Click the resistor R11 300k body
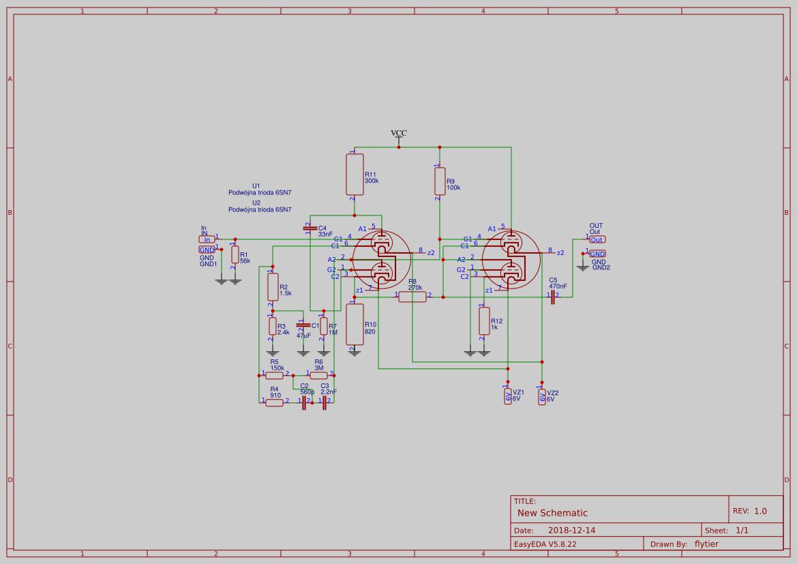click(x=355, y=175)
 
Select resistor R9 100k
click(x=440, y=181)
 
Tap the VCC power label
click(x=399, y=133)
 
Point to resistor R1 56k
click(x=235, y=254)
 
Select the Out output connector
click(x=597, y=239)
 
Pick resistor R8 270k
click(x=412, y=297)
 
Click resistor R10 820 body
click(x=355, y=324)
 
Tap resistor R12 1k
click(x=484, y=321)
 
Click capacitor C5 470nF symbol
click(x=553, y=297)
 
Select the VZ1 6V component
click(x=507, y=396)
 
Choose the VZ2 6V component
click(x=542, y=397)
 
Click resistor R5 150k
click(x=275, y=375)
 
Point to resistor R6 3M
click(x=318, y=375)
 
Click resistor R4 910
click(x=274, y=402)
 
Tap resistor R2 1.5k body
click(x=273, y=286)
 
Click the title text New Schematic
click(x=552, y=513)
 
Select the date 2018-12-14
click(x=571, y=531)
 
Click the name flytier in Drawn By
click(x=706, y=544)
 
